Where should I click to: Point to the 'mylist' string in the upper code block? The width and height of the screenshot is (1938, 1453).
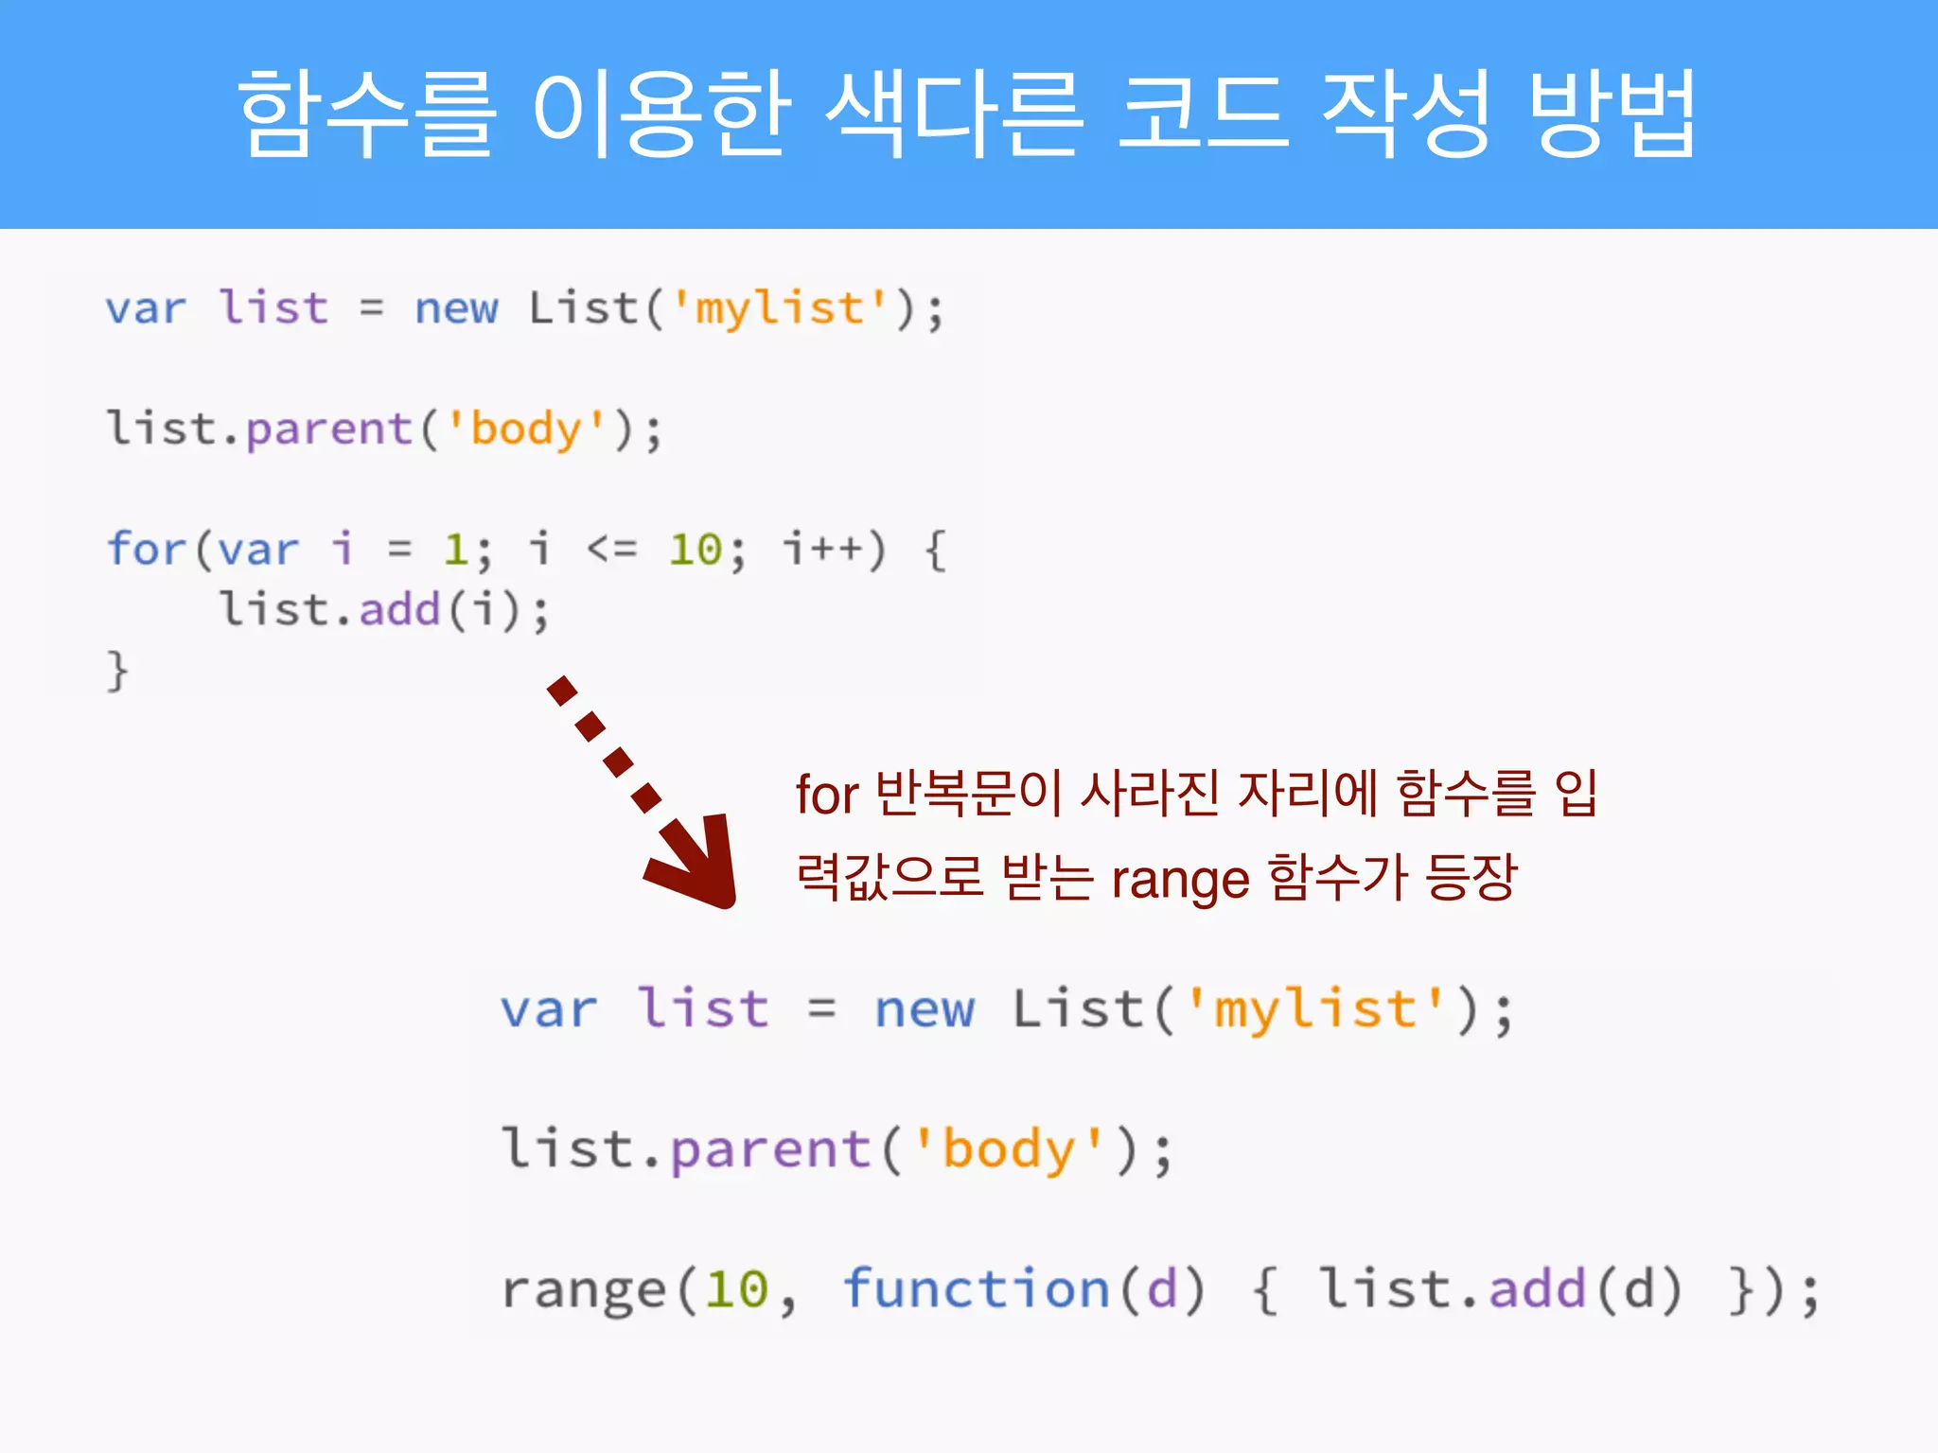tap(781, 308)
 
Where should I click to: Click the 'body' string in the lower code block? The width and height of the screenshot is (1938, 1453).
tap(1009, 1149)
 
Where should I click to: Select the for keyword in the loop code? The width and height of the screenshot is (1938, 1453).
tap(146, 549)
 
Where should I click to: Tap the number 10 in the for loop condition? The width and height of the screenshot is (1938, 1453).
tap(696, 550)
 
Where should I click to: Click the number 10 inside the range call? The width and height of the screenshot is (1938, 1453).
tap(737, 1289)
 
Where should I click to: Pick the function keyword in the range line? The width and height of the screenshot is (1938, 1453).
tap(976, 1288)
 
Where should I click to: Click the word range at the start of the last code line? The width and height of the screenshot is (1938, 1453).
tap(584, 1290)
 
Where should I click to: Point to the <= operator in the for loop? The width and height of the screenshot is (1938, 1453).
tap(612, 549)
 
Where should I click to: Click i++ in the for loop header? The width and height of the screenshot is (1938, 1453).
tap(822, 549)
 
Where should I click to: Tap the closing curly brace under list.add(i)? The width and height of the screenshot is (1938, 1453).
tap(116, 671)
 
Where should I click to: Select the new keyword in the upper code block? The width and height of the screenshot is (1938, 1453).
tap(456, 308)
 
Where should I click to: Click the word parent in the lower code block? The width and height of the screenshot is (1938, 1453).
tap(770, 1149)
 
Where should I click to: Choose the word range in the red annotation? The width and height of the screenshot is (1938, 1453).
tap(1180, 880)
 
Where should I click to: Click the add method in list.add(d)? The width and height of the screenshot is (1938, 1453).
tap(1537, 1288)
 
